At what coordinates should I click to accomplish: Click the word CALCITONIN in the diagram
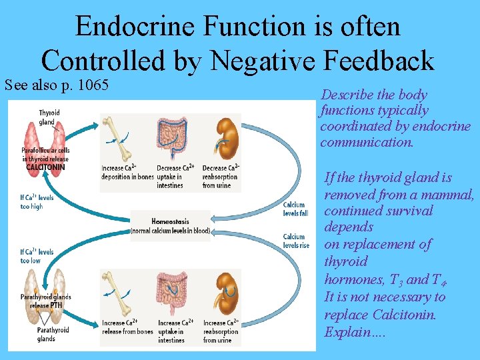pos(46,167)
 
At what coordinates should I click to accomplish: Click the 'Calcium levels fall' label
pos(295,209)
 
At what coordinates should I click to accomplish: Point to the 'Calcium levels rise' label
pos(296,241)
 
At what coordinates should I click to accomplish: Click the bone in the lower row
pos(123,291)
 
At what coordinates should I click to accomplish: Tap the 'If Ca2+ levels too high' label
pos(37,202)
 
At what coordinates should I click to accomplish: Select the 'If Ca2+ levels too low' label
pos(37,256)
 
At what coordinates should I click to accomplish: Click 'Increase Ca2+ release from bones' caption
pos(127,327)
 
